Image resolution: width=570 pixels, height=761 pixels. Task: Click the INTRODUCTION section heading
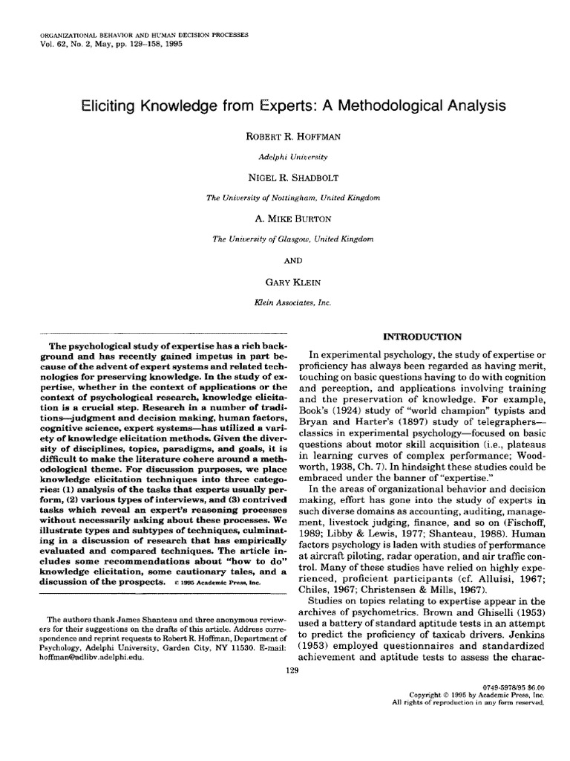[422, 337]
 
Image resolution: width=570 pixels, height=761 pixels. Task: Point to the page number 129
[292, 670]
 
